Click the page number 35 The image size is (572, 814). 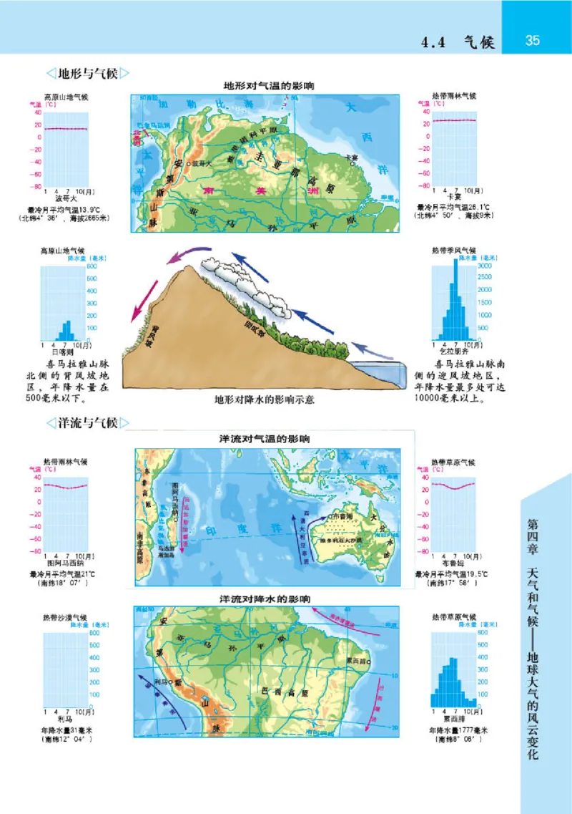[533, 41]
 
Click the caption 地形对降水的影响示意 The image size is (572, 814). [265, 399]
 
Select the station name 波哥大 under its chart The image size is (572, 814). [65, 198]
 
